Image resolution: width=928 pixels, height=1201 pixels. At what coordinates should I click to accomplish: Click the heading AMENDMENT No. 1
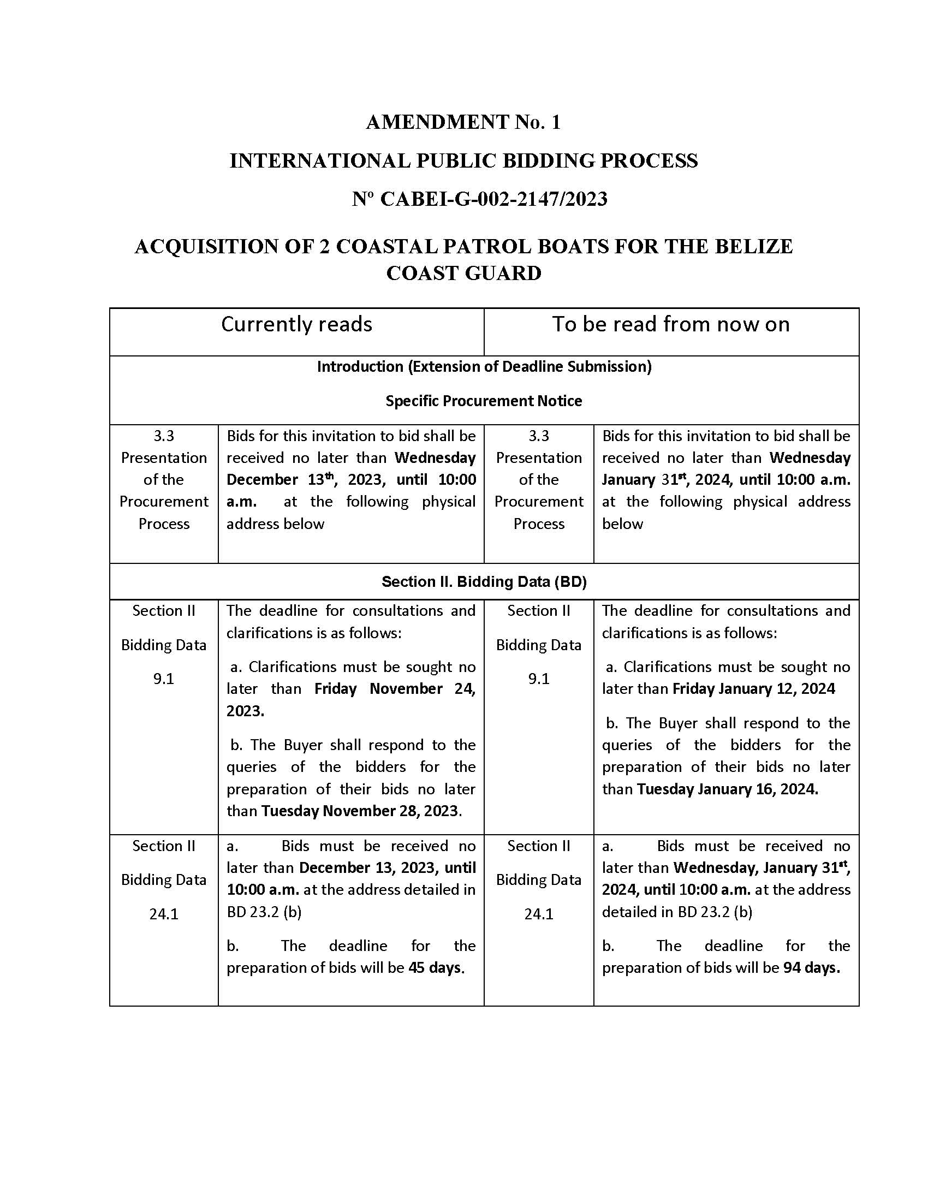[463, 122]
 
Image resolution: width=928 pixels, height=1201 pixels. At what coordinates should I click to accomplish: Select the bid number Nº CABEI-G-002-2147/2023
[479, 199]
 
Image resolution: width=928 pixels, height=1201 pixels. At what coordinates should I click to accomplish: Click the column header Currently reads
[296, 324]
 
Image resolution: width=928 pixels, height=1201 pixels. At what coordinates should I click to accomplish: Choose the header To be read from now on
[671, 324]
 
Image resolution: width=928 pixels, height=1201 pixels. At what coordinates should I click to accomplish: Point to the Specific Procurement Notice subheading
[484, 401]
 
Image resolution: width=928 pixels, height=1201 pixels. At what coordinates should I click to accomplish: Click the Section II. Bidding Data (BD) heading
[484, 582]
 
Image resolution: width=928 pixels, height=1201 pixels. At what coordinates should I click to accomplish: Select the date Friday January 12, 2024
[753, 689]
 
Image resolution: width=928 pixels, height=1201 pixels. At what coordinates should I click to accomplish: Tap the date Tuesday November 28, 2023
[361, 811]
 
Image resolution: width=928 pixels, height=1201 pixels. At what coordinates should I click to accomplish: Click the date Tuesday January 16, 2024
[727, 789]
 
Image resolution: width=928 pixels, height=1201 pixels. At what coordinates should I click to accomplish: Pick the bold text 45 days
[436, 968]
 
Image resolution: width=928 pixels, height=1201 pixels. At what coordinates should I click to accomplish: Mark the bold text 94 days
[811, 968]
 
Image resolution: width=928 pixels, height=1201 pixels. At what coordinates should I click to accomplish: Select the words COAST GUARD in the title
[463, 274]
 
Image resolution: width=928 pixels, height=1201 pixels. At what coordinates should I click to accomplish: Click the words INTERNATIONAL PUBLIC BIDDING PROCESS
[463, 161]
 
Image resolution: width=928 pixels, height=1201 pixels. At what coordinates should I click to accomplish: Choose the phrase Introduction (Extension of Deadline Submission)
[484, 367]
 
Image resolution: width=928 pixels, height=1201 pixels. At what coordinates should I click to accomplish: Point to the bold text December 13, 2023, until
[387, 868]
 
